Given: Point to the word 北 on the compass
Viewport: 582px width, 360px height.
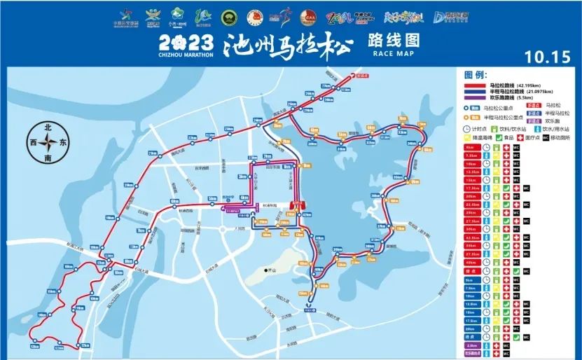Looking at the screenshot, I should pyautogui.click(x=48, y=127).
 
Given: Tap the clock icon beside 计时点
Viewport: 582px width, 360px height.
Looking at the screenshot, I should pyautogui.click(x=467, y=129).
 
